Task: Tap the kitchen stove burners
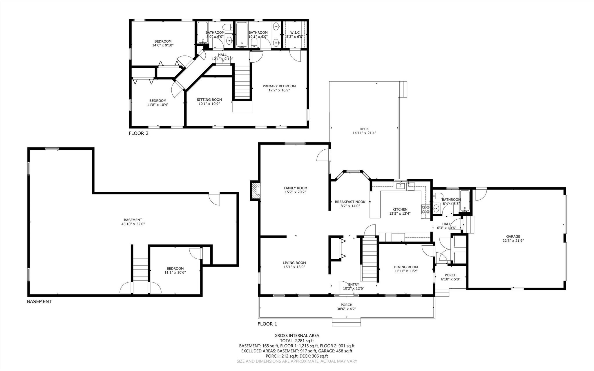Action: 425,209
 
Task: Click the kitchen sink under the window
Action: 401,185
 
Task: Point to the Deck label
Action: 364,129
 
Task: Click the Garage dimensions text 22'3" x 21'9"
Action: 513,240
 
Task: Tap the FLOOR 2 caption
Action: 138,133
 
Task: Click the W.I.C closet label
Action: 295,32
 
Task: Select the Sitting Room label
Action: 209,99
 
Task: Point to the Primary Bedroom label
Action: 279,86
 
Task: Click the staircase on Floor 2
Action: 242,83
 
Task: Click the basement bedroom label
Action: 175,269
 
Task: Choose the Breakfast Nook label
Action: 350,202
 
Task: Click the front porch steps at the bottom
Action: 346,322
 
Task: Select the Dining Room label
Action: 405,267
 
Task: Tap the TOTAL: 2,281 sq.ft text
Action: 297,341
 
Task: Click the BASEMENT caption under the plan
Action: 39,302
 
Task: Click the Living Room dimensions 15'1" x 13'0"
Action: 294,267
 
